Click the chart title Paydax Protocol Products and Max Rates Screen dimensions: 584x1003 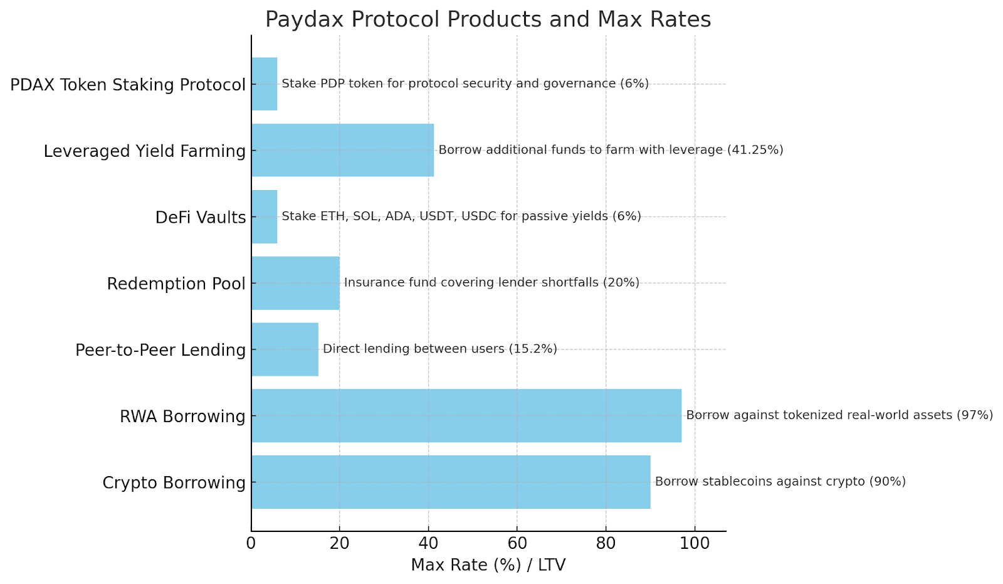[488, 19]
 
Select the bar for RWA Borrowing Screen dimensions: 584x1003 [466, 415]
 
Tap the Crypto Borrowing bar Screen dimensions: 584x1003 [450, 482]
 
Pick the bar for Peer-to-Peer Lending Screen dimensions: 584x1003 [285, 349]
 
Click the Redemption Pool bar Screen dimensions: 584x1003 [295, 283]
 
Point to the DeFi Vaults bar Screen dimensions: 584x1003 [264, 216]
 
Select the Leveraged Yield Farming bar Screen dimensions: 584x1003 [342, 150]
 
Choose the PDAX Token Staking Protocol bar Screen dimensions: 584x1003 [264, 84]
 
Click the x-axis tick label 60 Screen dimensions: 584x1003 [517, 543]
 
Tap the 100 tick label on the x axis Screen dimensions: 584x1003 [695, 543]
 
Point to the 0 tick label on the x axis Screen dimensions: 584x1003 [251, 543]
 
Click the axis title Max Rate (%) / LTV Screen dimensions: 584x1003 [488, 565]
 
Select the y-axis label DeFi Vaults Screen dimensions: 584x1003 [201, 218]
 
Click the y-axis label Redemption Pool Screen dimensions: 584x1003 [176, 284]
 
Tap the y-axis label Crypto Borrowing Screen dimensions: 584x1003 [174, 483]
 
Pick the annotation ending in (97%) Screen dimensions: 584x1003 [839, 415]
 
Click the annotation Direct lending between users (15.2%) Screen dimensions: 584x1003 [439, 349]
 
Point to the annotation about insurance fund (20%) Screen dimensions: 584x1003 [491, 283]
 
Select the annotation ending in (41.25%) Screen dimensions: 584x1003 [611, 150]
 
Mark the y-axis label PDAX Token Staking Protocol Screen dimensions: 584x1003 [128, 85]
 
